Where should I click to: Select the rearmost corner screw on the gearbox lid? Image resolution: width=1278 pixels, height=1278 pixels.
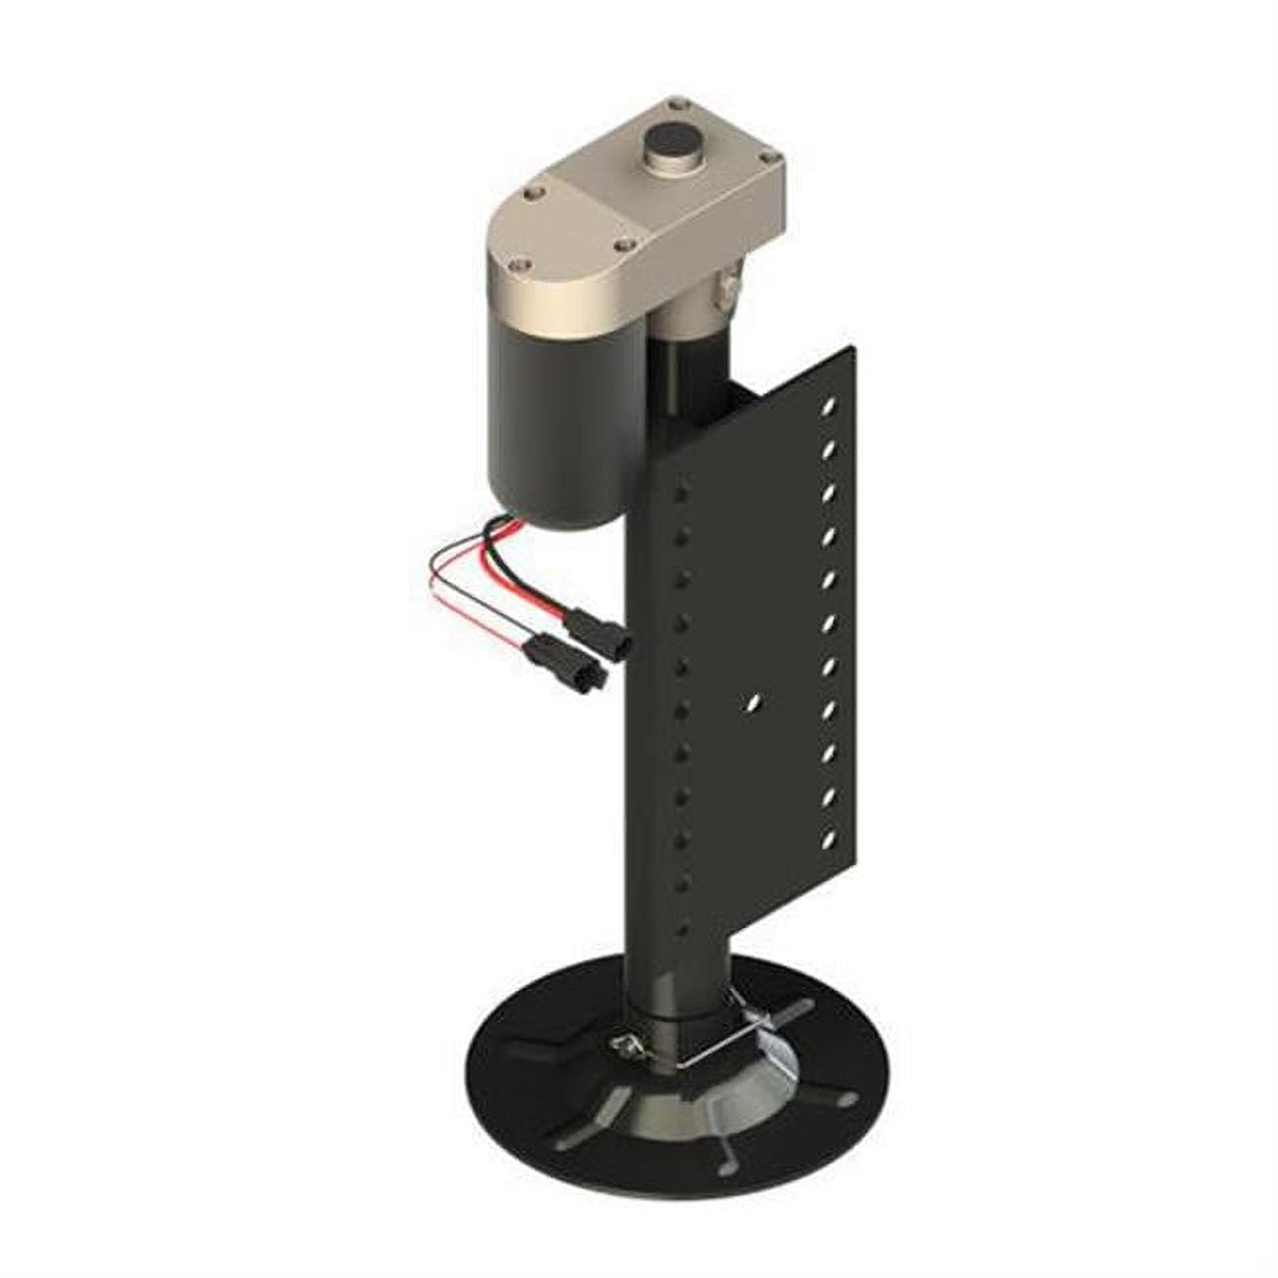click(675, 100)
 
